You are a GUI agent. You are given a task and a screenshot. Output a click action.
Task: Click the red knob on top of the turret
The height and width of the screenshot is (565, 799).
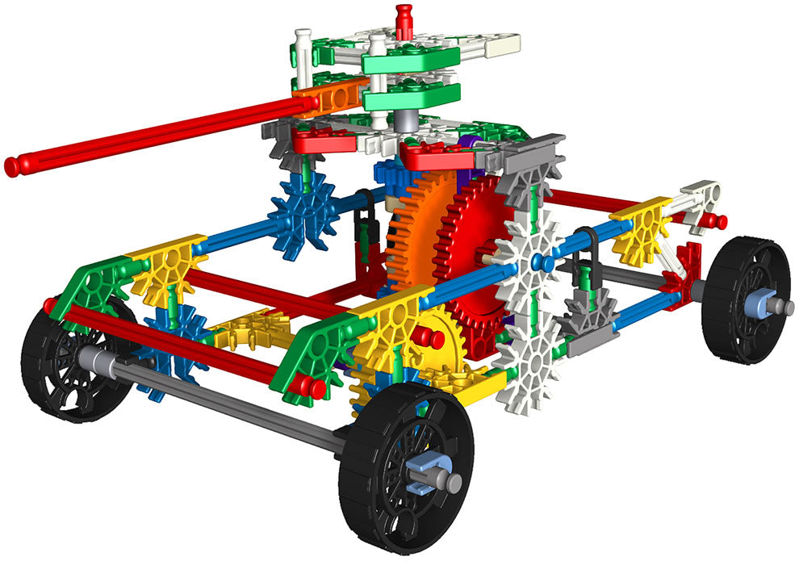404,17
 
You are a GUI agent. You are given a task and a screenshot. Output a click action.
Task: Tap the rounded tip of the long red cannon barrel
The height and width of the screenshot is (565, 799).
11,167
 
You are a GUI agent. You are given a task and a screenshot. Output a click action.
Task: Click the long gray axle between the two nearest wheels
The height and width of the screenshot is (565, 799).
234,404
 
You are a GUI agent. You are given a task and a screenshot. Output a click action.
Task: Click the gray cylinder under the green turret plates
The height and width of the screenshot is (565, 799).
405,121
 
